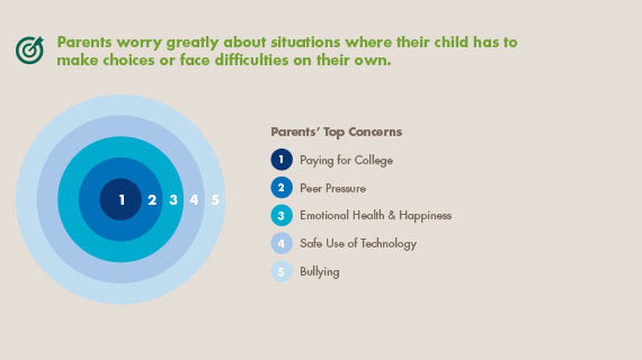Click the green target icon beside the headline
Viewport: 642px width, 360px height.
(29, 51)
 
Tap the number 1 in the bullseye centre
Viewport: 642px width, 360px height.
(121, 200)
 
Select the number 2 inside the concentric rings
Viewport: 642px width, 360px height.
(152, 200)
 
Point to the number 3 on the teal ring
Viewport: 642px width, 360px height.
(173, 200)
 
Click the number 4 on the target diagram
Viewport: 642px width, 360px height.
(194, 200)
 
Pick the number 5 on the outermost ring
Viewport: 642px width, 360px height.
(215, 200)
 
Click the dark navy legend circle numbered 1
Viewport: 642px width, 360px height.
(282, 160)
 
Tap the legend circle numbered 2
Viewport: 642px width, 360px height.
(282, 187)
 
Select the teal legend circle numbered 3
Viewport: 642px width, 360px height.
(282, 215)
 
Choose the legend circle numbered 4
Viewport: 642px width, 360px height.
(282, 243)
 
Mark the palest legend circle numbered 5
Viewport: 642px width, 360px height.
(282, 271)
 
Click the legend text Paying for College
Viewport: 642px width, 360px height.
(347, 160)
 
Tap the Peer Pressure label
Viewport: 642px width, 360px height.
(333, 188)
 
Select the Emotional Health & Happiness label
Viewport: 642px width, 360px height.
(376, 215)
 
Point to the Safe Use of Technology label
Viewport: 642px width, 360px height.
(358, 243)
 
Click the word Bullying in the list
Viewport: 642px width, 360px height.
(320, 272)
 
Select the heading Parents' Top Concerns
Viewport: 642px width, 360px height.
(337, 132)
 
